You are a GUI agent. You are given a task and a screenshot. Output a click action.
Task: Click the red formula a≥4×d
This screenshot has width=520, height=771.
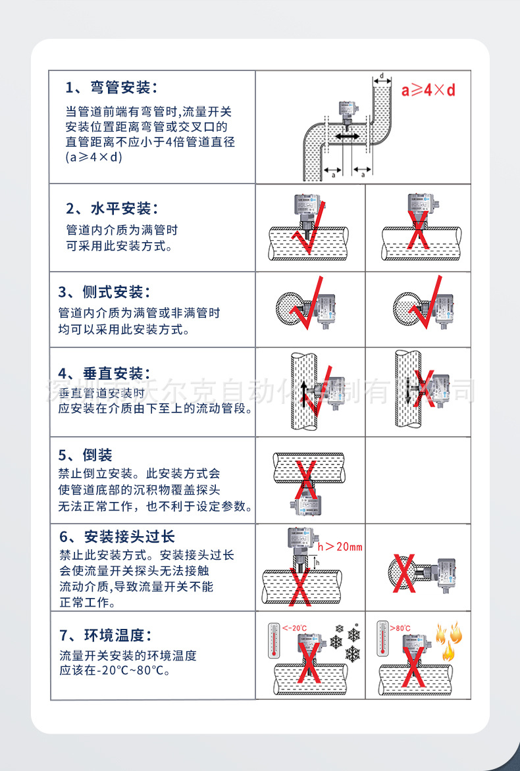(428, 89)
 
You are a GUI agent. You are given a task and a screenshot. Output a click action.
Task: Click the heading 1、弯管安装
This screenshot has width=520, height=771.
(112, 87)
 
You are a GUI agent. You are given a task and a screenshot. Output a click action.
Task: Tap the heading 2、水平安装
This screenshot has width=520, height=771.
(112, 209)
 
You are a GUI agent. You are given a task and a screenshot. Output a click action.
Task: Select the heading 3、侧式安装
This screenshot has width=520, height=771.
(104, 291)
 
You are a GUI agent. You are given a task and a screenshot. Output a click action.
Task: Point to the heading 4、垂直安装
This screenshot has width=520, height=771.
(104, 374)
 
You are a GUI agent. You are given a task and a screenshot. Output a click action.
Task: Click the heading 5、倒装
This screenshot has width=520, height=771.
(86, 455)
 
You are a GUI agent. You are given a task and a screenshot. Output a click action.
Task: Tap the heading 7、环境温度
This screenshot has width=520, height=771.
(105, 635)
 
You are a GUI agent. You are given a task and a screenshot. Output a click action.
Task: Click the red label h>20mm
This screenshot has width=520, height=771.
(340, 547)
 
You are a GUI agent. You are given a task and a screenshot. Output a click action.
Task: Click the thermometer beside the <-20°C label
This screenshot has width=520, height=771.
(273, 641)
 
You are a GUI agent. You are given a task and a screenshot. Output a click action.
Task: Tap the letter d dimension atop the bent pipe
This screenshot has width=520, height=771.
(382, 76)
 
